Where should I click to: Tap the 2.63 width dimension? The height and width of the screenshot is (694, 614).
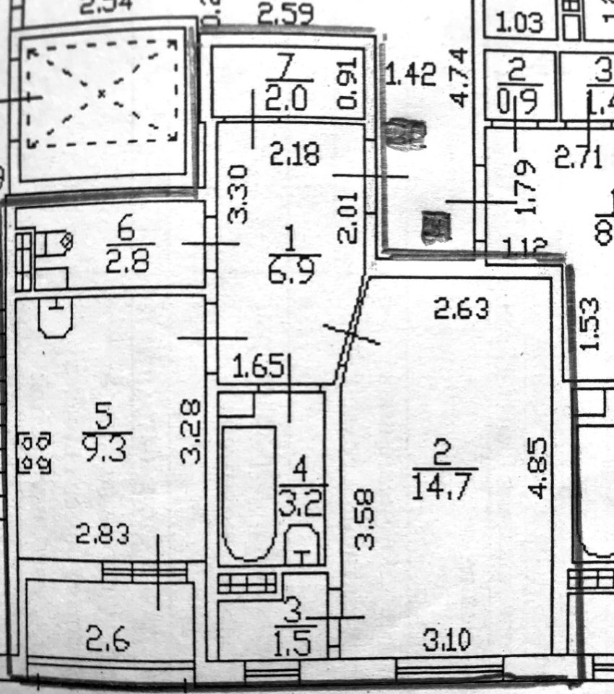460,309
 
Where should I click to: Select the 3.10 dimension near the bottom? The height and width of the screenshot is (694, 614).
446,641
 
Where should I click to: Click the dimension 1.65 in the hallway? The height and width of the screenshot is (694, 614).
259,367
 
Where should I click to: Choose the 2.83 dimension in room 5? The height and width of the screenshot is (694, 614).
103,536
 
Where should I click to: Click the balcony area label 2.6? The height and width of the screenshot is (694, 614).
108,640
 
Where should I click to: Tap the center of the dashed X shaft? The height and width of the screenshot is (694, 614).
102,93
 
